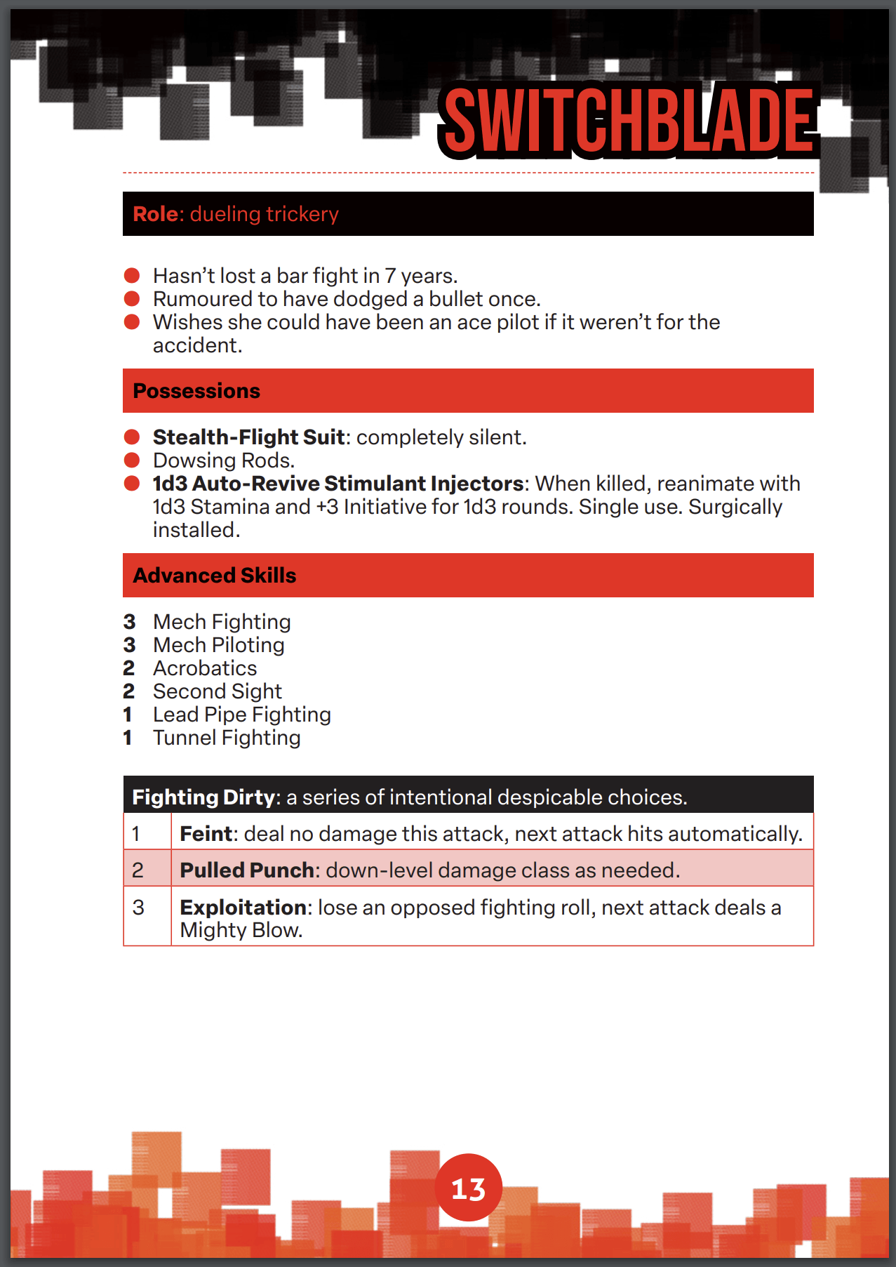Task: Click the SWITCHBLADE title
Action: coord(629,121)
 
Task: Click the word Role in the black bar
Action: coord(158,214)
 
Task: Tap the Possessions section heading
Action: coord(196,391)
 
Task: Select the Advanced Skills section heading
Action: coord(215,576)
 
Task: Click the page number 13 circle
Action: coord(468,1188)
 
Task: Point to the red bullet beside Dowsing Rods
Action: coord(132,460)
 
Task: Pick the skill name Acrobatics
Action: coord(205,668)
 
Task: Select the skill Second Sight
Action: coord(218,691)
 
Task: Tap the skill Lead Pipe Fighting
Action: coord(242,715)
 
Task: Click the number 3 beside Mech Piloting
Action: coord(129,645)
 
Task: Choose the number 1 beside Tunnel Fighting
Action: coord(128,738)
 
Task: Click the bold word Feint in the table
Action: coord(206,834)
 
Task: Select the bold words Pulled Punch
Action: coord(247,870)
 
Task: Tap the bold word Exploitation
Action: coord(243,908)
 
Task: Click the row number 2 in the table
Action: coord(138,870)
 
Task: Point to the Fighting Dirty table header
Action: coord(410,797)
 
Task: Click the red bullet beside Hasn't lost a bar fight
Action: coord(132,275)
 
